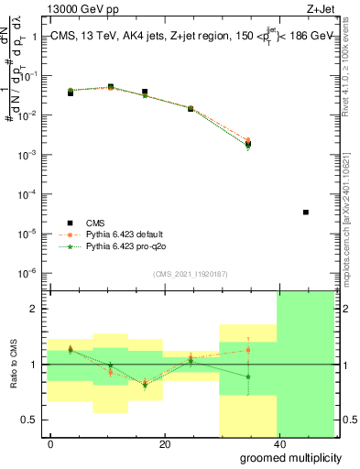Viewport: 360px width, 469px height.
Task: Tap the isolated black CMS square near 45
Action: coord(305,213)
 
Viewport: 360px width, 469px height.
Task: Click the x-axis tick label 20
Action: coord(165,444)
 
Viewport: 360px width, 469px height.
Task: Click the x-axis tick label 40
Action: coord(278,444)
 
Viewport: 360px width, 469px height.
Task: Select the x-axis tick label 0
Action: coord(51,444)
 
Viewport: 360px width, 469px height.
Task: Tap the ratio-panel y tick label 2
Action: coord(36,309)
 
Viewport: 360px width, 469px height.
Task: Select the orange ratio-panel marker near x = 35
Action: coord(247,350)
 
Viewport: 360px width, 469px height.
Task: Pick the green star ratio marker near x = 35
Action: coord(247,376)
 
